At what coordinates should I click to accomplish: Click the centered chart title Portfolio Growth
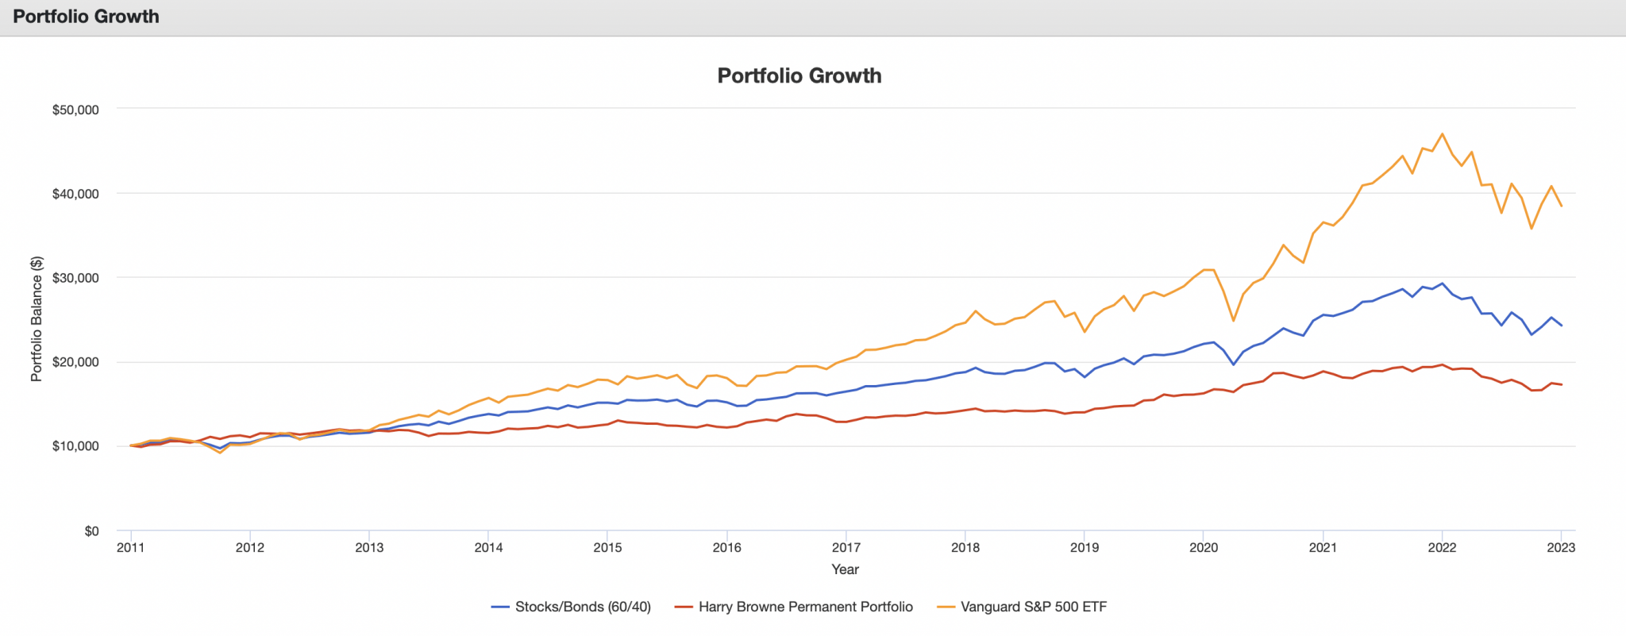pos(799,75)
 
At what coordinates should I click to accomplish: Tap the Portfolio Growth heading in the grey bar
pos(86,17)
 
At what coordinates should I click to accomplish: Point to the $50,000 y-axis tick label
pos(75,110)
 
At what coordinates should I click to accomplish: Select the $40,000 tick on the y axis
pos(75,194)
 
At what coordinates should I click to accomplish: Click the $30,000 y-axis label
pos(75,278)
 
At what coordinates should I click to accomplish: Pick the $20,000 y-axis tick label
pos(75,362)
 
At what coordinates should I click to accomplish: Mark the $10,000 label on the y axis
pos(75,446)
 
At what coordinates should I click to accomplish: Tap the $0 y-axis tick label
pos(91,531)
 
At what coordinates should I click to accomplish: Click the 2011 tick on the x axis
pos(130,547)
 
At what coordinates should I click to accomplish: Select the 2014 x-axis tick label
pos(488,547)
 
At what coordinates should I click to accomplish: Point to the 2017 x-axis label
pos(846,547)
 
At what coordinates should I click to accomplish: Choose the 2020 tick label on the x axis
pos(1204,547)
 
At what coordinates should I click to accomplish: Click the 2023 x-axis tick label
pos(1561,547)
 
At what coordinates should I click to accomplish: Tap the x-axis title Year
pos(845,569)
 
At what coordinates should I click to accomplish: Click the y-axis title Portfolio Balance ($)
pos(37,319)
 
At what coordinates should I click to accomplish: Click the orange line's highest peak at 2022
pos(1442,134)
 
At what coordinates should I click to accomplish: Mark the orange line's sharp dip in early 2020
pos(1233,321)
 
